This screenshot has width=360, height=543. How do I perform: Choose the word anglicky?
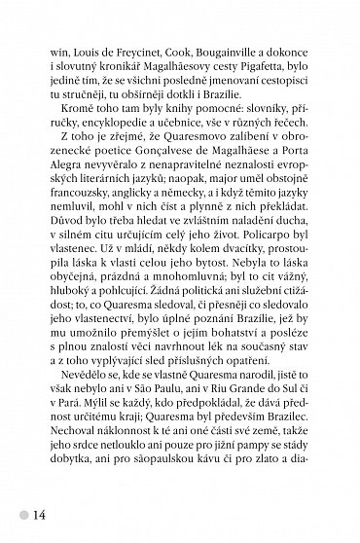tap(151, 203)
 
